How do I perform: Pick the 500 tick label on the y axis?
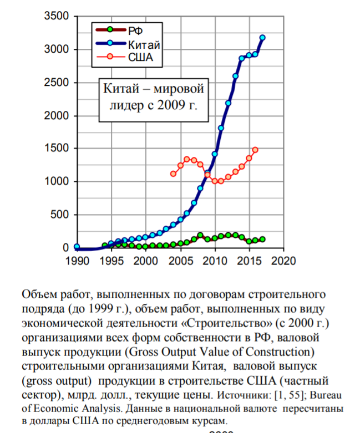point(61,215)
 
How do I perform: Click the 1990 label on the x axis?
point(77,260)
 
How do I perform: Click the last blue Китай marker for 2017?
point(262,38)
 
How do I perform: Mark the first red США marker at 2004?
point(173,174)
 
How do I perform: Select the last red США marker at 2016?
point(255,150)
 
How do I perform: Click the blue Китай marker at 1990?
point(77,247)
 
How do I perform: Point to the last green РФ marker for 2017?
point(262,240)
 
